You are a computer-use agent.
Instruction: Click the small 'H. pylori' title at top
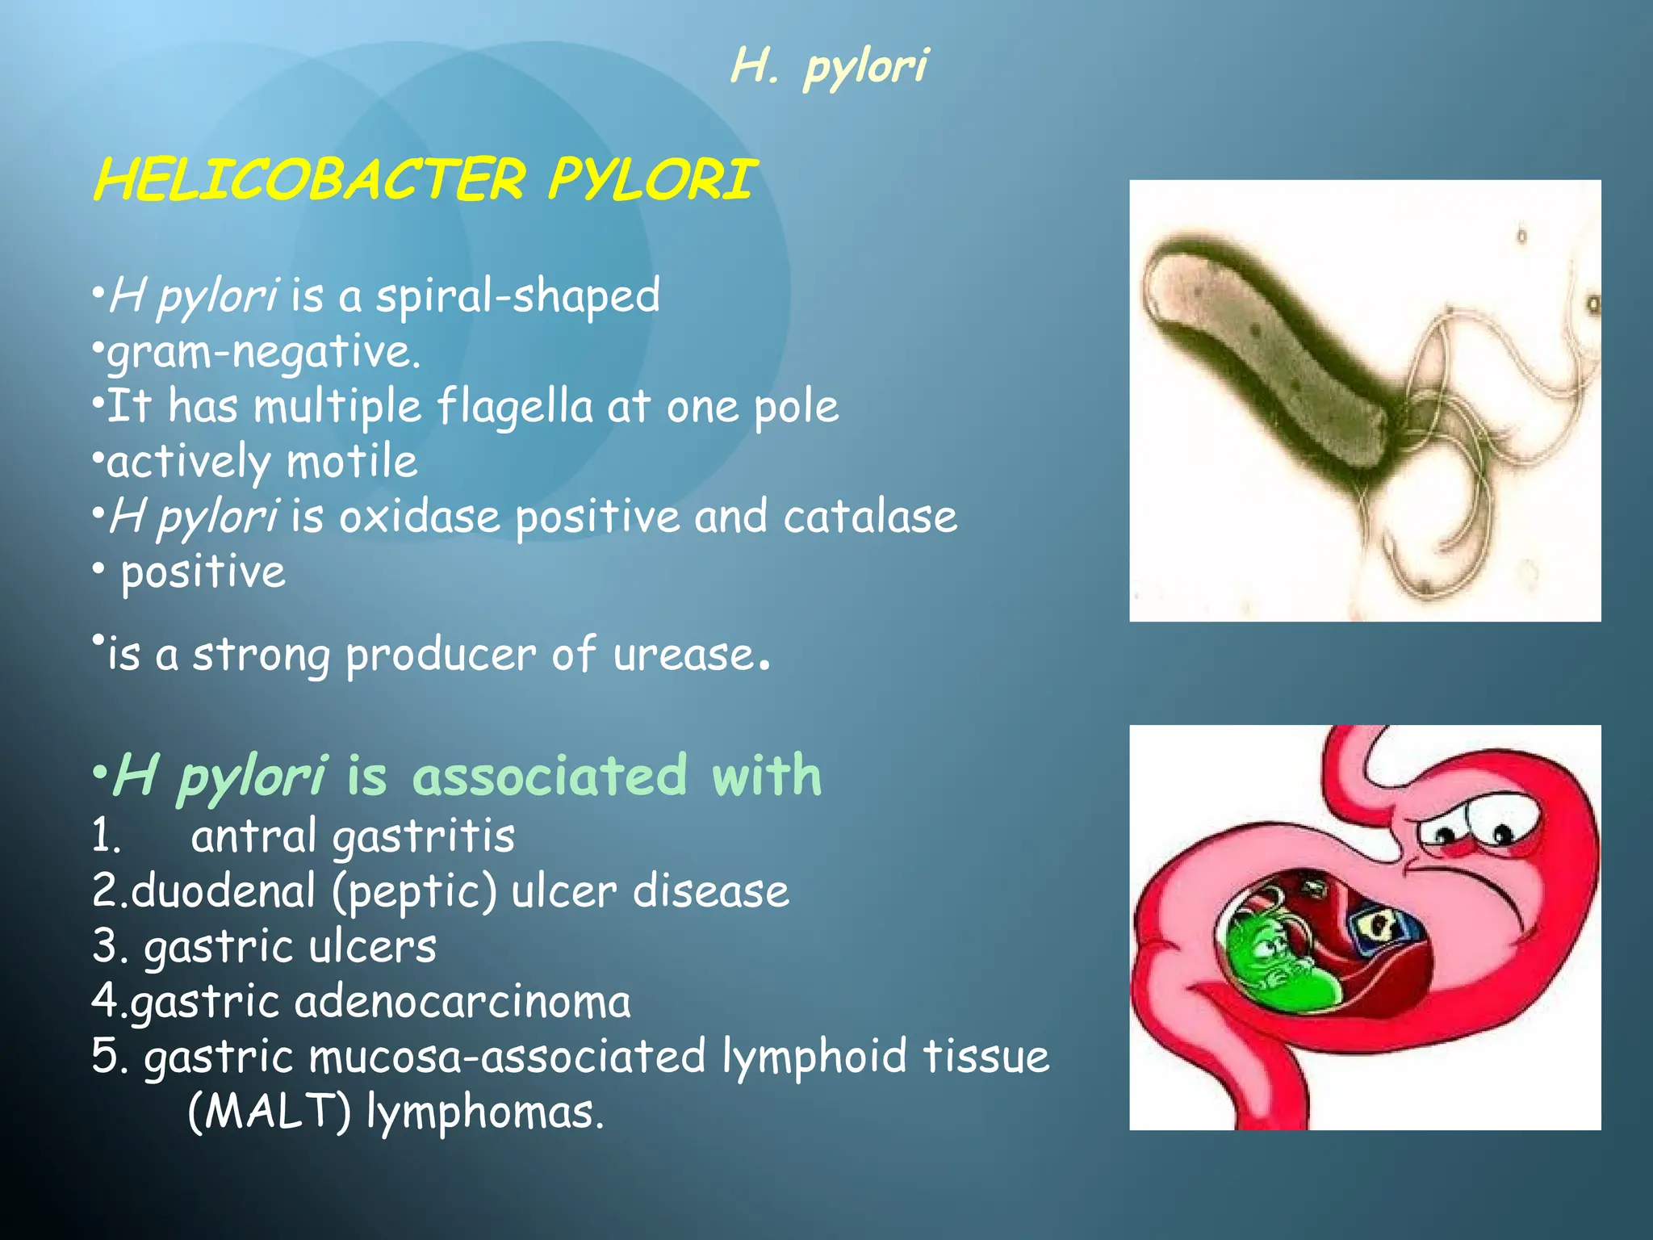coord(829,66)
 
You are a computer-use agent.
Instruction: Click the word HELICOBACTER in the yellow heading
coord(310,179)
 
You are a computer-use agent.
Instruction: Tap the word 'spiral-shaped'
coord(517,296)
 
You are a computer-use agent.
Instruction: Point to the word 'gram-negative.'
coord(263,353)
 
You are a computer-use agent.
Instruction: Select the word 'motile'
coord(352,462)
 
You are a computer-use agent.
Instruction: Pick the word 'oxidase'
coord(419,517)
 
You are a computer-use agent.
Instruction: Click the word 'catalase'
coord(869,517)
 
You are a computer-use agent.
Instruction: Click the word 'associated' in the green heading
coord(550,776)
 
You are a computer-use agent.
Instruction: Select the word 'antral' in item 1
coord(253,836)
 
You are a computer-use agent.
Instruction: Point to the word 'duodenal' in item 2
coord(223,891)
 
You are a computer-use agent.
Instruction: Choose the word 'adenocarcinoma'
coord(462,1002)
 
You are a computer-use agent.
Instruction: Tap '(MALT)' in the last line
coord(269,1112)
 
